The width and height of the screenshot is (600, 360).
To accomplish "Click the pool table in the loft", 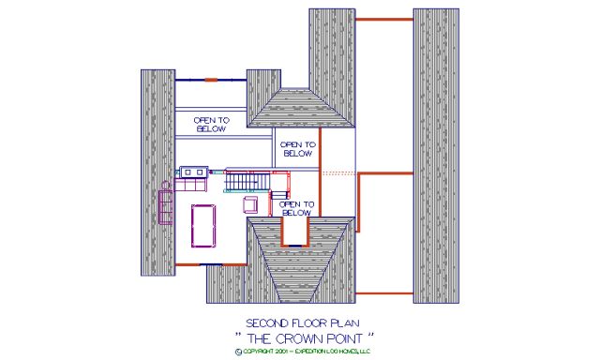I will (x=202, y=224).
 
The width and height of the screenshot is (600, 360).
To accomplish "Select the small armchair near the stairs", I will (x=251, y=203).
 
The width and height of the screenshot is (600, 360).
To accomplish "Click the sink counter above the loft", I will (x=196, y=172).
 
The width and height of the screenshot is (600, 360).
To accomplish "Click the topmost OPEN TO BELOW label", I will (x=210, y=124).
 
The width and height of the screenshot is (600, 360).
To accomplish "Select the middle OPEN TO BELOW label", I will (x=297, y=148).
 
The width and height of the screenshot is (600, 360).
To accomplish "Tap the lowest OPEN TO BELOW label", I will (x=296, y=208).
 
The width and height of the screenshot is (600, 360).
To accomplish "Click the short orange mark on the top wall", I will (x=212, y=79).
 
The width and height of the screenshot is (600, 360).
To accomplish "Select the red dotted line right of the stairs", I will (x=338, y=173).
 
